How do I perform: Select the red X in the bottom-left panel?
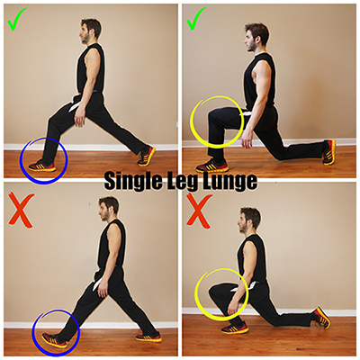[x=21, y=210]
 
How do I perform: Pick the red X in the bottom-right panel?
[x=199, y=210]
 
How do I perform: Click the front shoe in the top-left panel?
[x=42, y=166]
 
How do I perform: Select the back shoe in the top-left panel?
[x=147, y=156]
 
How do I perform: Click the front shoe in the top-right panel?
[x=212, y=166]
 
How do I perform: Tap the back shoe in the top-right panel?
[x=328, y=152]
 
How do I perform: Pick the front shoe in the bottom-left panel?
[x=54, y=340]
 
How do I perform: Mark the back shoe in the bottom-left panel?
[x=148, y=337]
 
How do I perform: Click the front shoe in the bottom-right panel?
[x=235, y=328]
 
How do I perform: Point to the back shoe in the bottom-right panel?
[x=322, y=318]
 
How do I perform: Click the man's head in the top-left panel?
[x=90, y=30]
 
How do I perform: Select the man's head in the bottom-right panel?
[x=248, y=220]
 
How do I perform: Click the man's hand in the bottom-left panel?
[x=103, y=290]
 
